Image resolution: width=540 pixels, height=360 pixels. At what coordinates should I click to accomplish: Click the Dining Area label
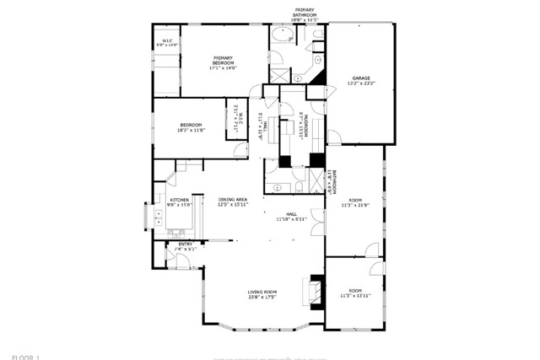coord(232,201)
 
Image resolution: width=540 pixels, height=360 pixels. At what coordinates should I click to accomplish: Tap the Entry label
coord(185,245)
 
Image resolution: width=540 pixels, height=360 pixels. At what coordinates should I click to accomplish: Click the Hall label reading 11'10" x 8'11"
coord(292,217)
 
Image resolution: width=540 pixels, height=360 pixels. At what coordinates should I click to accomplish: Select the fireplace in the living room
coord(314,291)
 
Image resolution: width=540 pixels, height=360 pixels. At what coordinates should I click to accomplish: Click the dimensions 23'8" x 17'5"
coord(262,298)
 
